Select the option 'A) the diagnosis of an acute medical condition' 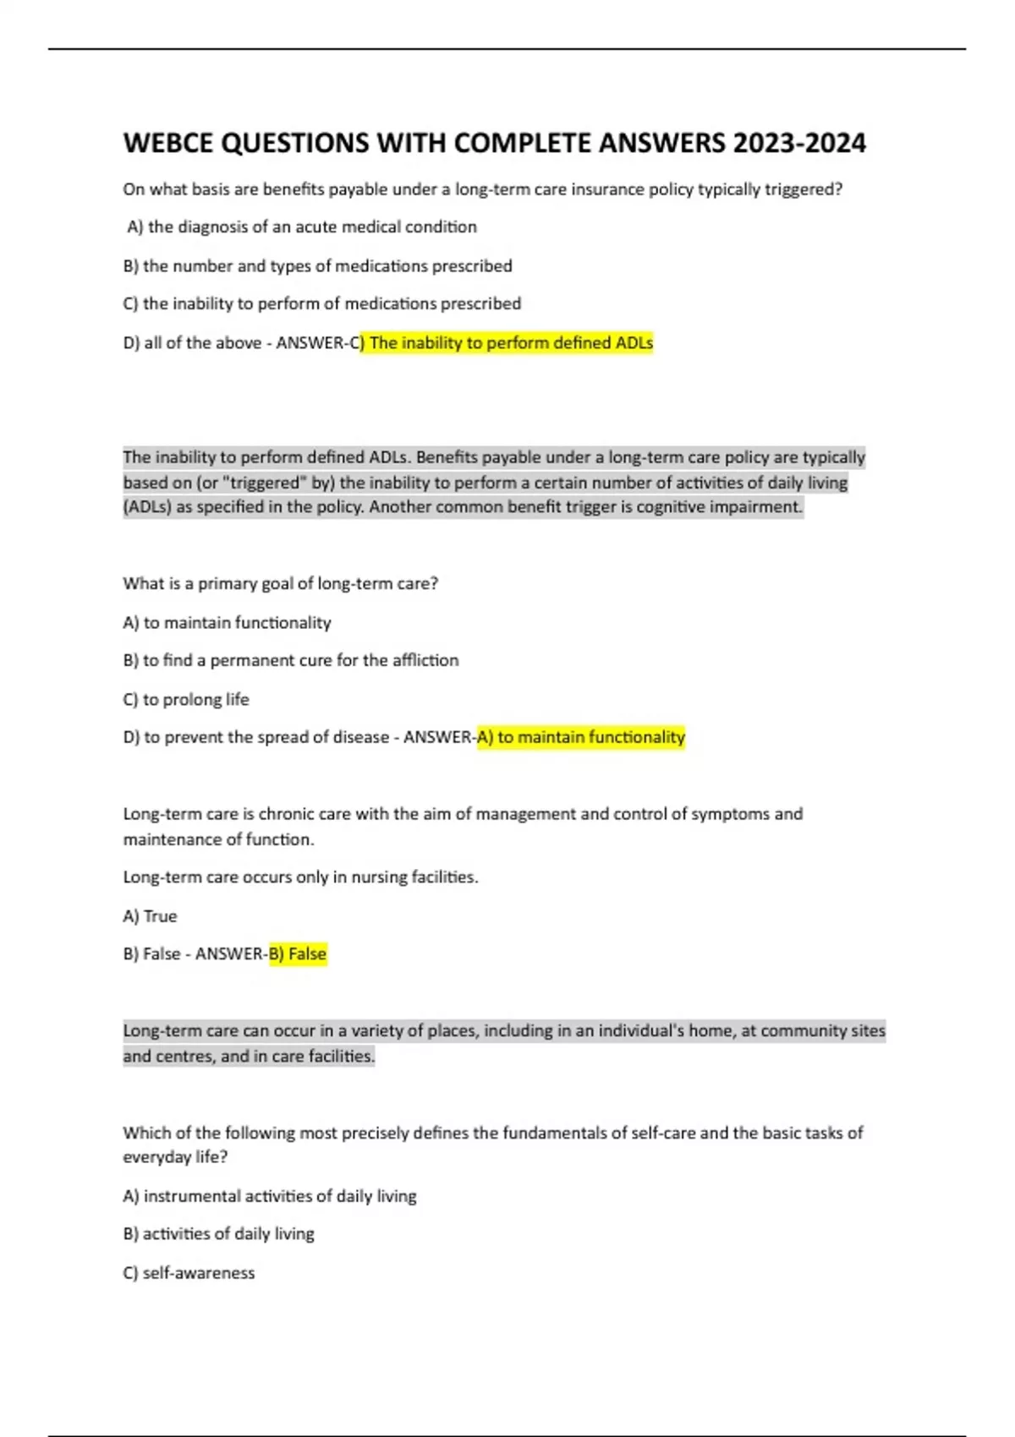click(x=302, y=227)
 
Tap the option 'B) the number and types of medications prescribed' click(x=317, y=266)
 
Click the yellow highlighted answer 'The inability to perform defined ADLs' click(x=510, y=343)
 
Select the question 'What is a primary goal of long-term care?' click(x=280, y=584)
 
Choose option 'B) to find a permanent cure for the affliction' click(x=290, y=660)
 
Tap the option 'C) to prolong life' click(x=186, y=700)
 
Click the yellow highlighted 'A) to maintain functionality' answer click(x=581, y=737)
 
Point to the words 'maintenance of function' click(x=217, y=839)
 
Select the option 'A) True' click(x=150, y=916)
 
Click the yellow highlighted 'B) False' click(x=298, y=954)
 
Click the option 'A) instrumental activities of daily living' click(x=269, y=1196)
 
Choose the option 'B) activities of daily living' click(x=218, y=1234)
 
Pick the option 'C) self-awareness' click(x=189, y=1273)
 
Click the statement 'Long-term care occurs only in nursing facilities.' click(x=300, y=877)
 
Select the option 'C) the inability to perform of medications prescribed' click(x=321, y=304)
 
